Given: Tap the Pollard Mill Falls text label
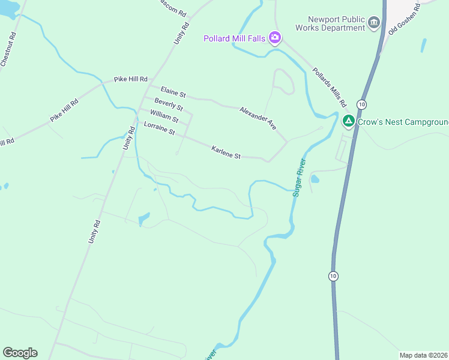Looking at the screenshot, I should [x=234, y=39].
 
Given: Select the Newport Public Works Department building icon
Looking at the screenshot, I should [x=375, y=23].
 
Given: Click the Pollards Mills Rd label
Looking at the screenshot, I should [x=330, y=87].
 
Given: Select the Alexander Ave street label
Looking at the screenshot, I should [x=258, y=118].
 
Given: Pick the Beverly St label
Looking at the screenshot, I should [x=168, y=104].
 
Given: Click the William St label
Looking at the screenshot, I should [x=164, y=116].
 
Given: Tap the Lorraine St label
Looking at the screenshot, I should [x=159, y=128].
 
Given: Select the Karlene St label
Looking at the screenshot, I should [x=226, y=152].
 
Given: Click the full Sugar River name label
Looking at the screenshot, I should [x=300, y=178].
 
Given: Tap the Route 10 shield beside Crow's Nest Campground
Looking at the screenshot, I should [x=361, y=104].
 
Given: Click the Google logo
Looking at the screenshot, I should [x=20, y=353].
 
